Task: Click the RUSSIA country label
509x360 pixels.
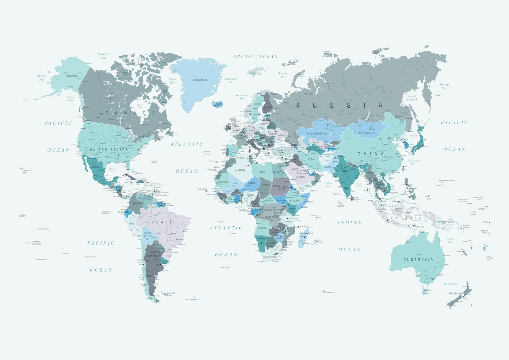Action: tap(339, 105)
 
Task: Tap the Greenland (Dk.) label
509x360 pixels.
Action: tap(200, 80)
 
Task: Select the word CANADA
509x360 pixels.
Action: tap(130, 113)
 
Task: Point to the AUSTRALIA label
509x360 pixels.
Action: tap(418, 260)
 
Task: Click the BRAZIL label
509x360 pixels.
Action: tap(163, 222)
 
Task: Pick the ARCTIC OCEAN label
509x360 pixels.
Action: tap(256, 56)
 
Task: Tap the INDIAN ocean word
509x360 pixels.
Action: tap(350, 222)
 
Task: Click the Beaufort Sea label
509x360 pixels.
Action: tap(104, 56)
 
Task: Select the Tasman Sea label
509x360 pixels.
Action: tap(450, 284)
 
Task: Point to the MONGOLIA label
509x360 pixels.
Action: tap(367, 133)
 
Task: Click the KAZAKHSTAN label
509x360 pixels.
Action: tap(317, 134)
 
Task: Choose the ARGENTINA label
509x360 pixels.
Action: tap(151, 256)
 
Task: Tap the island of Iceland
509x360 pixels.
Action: tap(217, 104)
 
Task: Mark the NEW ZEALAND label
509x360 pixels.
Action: tap(455, 294)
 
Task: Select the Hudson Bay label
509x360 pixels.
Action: tap(140, 106)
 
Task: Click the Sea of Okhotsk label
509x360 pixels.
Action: tap(412, 98)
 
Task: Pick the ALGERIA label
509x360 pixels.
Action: tap(240, 170)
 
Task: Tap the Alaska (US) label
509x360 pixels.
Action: tap(72, 76)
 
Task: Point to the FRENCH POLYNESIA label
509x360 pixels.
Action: tap(36, 243)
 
